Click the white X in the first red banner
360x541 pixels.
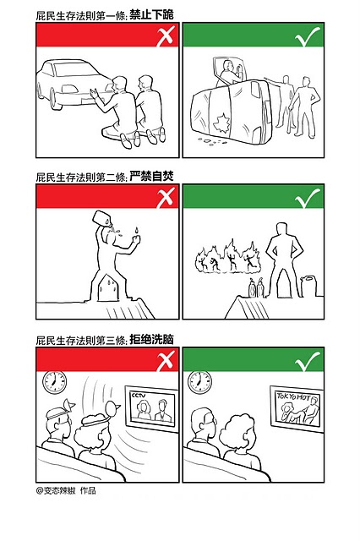click(x=165, y=36)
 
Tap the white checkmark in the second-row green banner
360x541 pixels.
click(x=307, y=198)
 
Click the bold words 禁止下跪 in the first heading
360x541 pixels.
click(x=152, y=15)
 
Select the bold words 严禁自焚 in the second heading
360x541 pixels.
click(x=152, y=177)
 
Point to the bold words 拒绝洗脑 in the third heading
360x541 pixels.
click(x=152, y=340)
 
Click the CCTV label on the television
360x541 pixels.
click(x=139, y=396)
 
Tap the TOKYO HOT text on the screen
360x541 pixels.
click(x=293, y=396)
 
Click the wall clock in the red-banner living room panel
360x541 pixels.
click(x=54, y=381)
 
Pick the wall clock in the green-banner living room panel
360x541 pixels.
click(x=199, y=381)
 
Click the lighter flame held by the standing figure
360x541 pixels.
click(x=137, y=230)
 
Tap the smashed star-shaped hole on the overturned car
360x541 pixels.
click(x=221, y=123)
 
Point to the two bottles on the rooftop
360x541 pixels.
click(x=255, y=287)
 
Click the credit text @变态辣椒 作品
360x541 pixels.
click(x=66, y=490)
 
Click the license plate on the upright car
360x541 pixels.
click(x=87, y=101)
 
